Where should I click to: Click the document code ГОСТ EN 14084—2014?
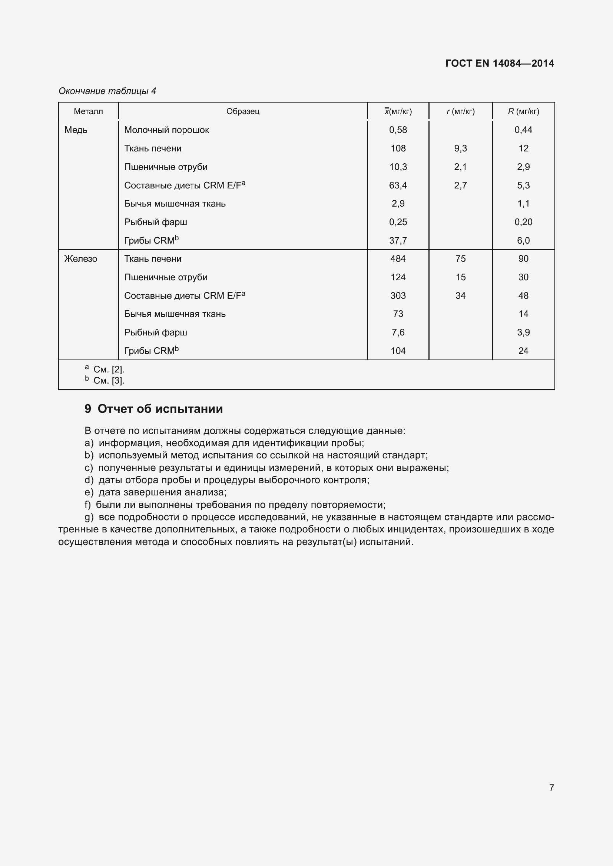(x=499, y=63)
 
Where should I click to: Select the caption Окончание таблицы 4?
(x=107, y=91)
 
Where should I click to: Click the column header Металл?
(x=88, y=111)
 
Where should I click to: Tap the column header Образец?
(x=243, y=111)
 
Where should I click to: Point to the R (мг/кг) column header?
(x=523, y=111)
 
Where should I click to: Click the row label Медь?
(x=76, y=130)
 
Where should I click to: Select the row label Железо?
(x=80, y=259)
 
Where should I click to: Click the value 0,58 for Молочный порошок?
(x=398, y=130)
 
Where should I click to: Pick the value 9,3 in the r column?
(x=460, y=148)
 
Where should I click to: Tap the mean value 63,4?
(x=398, y=185)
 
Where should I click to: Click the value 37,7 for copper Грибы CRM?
(x=398, y=241)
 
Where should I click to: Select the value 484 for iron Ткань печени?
(x=398, y=259)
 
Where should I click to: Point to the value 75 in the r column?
(x=460, y=259)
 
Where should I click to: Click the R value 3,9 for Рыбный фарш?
(x=523, y=332)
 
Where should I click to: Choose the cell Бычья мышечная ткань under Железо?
(x=175, y=314)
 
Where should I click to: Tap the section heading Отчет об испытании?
(x=160, y=409)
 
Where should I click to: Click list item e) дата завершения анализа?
(x=156, y=492)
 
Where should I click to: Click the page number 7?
(x=551, y=788)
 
